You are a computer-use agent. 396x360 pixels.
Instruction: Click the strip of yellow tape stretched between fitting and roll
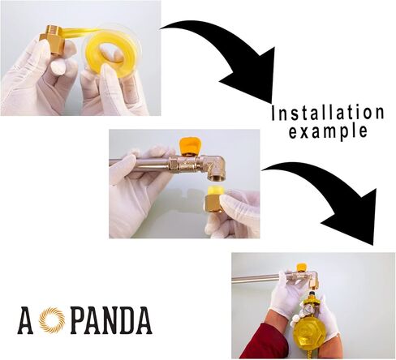[x=76, y=36]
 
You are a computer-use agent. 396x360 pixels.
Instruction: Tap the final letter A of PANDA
[x=144, y=321]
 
